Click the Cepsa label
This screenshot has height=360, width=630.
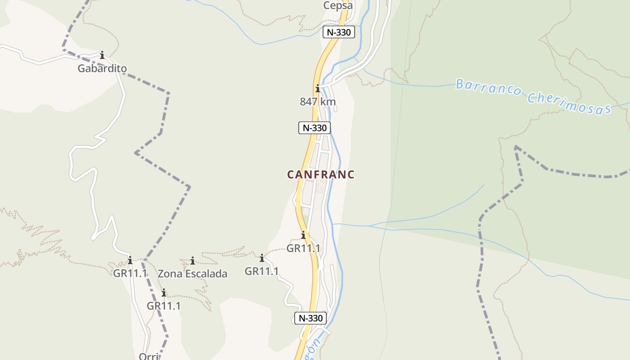(x=337, y=6)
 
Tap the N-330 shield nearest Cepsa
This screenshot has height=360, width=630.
(x=338, y=32)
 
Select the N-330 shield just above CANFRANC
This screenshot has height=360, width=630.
(x=315, y=128)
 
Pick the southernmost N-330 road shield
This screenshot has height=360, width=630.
(x=310, y=318)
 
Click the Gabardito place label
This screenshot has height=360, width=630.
(x=102, y=68)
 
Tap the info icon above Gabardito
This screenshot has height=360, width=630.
(x=102, y=55)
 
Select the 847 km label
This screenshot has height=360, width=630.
(x=318, y=102)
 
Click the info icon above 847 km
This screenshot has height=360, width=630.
(x=318, y=88)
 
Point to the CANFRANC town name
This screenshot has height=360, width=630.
(x=321, y=175)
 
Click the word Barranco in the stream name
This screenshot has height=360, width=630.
(x=489, y=88)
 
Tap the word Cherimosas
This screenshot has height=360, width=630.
(x=569, y=104)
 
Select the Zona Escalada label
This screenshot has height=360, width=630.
(x=192, y=274)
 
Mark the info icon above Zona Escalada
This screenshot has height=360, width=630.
(x=193, y=261)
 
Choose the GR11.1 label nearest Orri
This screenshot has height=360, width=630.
(x=163, y=306)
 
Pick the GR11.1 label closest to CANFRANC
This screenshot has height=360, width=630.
(x=303, y=248)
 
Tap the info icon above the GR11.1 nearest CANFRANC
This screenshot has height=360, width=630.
(x=303, y=235)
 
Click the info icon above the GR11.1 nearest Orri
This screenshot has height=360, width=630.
(x=164, y=293)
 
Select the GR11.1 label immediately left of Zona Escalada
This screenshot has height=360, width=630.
(x=130, y=273)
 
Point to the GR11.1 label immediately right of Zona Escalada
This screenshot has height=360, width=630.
(x=261, y=271)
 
